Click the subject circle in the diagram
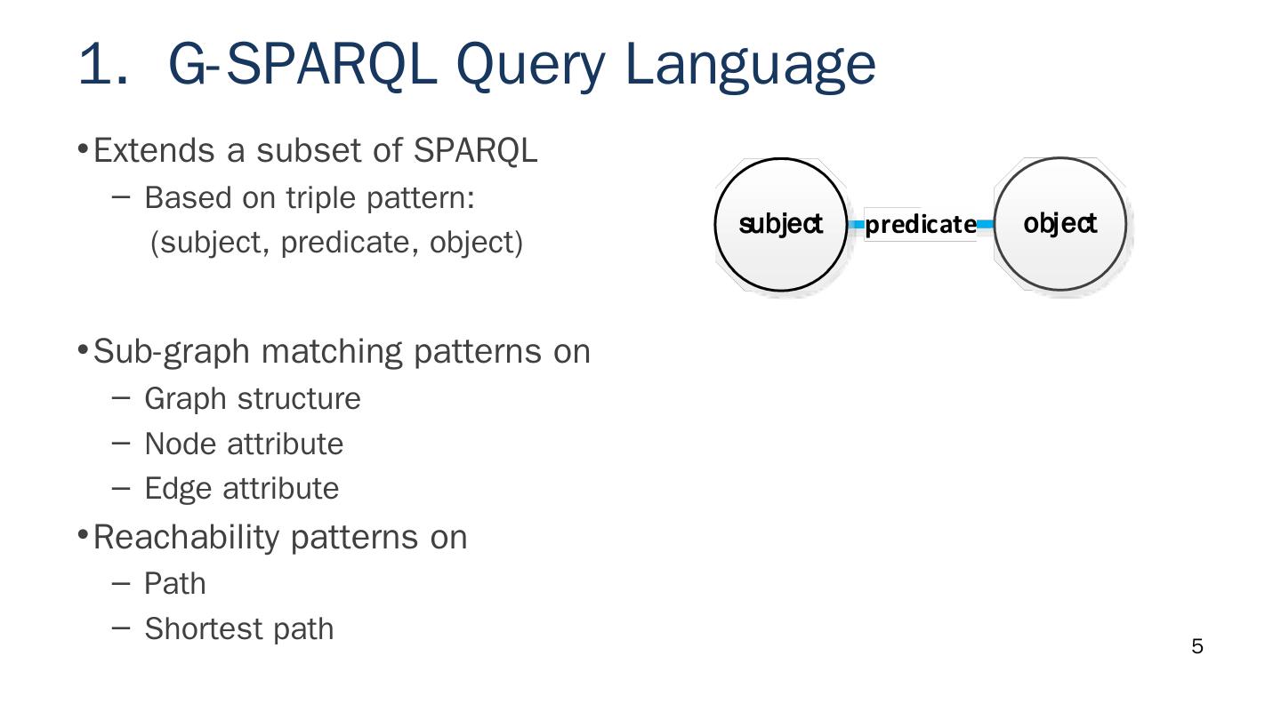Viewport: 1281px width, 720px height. (781, 224)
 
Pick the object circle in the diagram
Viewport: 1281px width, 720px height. (1059, 223)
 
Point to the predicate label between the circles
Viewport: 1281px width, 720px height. (920, 225)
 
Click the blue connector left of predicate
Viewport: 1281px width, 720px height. (856, 225)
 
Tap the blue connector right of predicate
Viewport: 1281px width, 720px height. (985, 225)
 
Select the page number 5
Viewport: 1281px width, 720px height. (1196, 647)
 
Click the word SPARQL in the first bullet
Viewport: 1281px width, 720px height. (475, 151)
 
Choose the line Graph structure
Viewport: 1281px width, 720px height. (252, 398)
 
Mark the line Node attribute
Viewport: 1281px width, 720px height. (243, 444)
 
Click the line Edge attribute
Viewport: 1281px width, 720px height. (241, 489)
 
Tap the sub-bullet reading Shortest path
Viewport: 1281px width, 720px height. (238, 628)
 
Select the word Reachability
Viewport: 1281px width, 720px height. (187, 537)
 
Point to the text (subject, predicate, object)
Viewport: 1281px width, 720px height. (336, 242)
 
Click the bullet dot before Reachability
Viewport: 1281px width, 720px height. (83, 534)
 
